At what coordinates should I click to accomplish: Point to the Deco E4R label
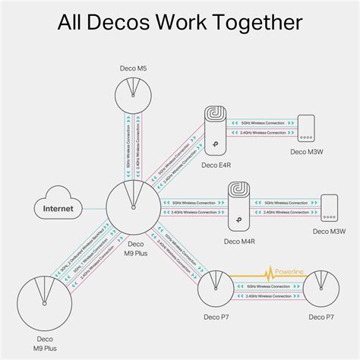click(x=219, y=164)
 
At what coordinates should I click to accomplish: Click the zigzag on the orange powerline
click(x=267, y=273)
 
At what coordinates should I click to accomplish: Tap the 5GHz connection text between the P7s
click(x=269, y=287)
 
